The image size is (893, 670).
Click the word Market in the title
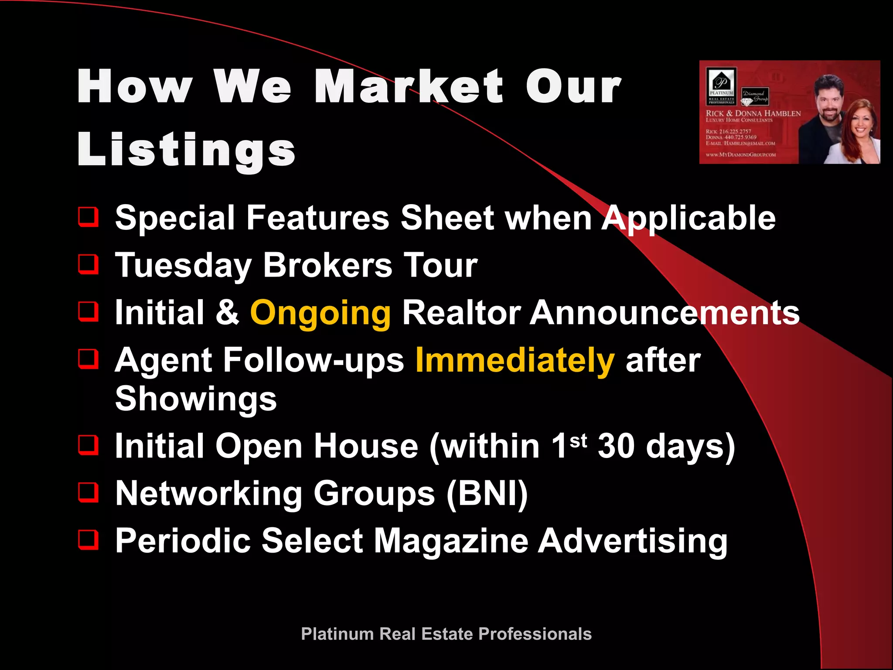click(x=409, y=87)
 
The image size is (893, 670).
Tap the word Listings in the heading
click(x=186, y=149)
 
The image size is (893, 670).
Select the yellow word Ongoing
click(x=320, y=313)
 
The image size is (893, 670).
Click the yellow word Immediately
click(x=515, y=361)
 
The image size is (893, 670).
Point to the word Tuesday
click(x=183, y=266)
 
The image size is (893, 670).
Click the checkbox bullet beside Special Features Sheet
click(x=89, y=217)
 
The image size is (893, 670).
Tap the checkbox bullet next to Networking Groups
click(x=89, y=492)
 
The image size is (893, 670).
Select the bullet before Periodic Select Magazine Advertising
click(x=89, y=540)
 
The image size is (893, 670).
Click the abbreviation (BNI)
click(x=487, y=494)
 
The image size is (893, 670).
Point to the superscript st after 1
click(x=578, y=441)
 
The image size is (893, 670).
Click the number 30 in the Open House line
click(x=616, y=446)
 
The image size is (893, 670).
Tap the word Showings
click(x=196, y=399)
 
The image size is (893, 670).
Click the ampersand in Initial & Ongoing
click(x=227, y=313)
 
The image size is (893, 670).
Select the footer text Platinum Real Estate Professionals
click(x=446, y=634)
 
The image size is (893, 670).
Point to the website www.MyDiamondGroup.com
click(x=740, y=154)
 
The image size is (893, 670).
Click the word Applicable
click(x=688, y=218)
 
